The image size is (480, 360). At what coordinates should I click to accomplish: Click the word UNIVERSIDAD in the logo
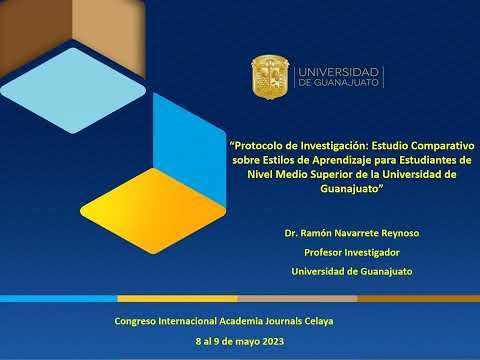coord(339,72)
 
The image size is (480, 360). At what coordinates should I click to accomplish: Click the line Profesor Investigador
coord(351,252)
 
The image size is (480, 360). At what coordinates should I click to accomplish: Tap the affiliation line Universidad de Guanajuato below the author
coord(351,271)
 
